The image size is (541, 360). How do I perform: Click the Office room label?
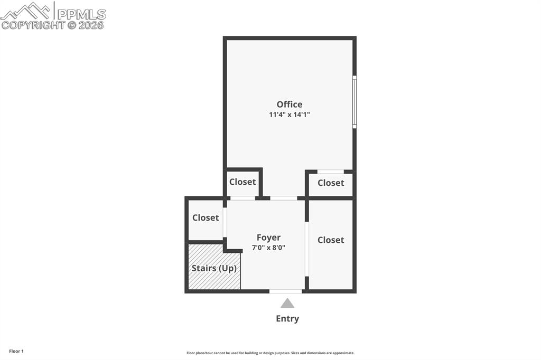[x=290, y=105]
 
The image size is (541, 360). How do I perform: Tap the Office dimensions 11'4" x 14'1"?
[x=290, y=114]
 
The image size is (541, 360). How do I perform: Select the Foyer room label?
[x=268, y=238]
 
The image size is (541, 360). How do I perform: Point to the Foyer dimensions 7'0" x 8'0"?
[x=268, y=247]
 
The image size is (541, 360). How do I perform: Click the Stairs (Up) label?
[x=214, y=268]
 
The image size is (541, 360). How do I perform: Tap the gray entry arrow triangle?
[x=287, y=303]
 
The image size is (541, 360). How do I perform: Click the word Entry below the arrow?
[x=287, y=318]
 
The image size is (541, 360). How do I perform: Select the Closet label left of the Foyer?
[x=206, y=217]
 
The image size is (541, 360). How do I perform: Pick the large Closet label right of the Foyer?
[x=331, y=240]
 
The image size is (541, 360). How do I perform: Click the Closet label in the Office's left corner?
[x=242, y=182]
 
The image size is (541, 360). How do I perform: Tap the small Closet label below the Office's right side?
[x=331, y=183]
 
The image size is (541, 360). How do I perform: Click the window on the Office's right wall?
[x=355, y=102]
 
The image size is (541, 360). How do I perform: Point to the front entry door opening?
[x=286, y=291]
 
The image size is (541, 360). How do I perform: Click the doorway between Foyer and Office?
[x=284, y=198]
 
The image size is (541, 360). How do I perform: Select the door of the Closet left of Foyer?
[x=225, y=222]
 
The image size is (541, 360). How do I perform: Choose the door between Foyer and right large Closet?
[x=306, y=249]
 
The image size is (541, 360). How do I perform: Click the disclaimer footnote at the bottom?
[x=270, y=353]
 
